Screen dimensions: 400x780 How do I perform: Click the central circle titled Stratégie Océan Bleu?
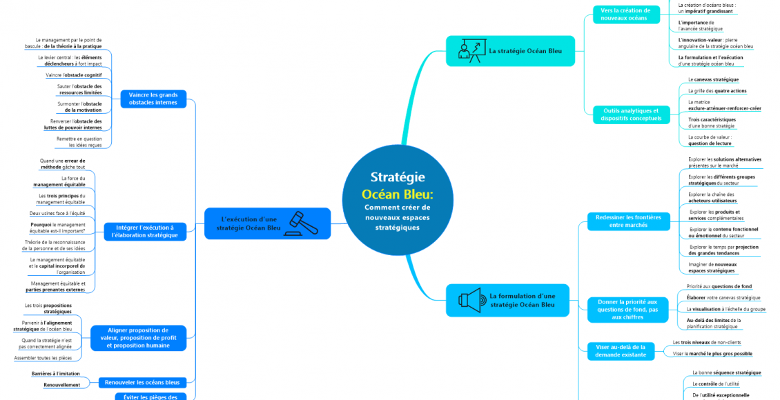pyautogui.click(x=397, y=201)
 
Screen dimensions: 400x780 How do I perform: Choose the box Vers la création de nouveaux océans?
pyautogui.click(x=625, y=14)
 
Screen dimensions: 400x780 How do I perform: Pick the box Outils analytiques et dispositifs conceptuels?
pyautogui.click(x=631, y=114)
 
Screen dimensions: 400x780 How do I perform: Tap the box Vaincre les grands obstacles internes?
pyautogui.click(x=153, y=99)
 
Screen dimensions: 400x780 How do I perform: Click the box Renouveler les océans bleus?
pyautogui.click(x=143, y=382)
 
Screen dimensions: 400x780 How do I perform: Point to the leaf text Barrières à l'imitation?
pyautogui.click(x=57, y=373)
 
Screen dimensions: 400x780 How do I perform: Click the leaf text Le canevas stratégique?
pyautogui.click(x=713, y=79)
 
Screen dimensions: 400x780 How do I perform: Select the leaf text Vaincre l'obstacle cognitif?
pyautogui.click(x=74, y=74)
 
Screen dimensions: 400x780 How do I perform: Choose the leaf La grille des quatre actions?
pyautogui.click(x=717, y=90)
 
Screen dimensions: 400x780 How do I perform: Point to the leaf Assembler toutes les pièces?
pyautogui.click(x=43, y=358)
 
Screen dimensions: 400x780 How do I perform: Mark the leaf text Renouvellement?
pyautogui.click(x=61, y=385)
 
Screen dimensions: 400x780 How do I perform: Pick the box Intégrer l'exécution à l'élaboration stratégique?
pyautogui.click(x=144, y=231)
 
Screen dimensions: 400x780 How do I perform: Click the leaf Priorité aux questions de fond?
pyautogui.click(x=719, y=286)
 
